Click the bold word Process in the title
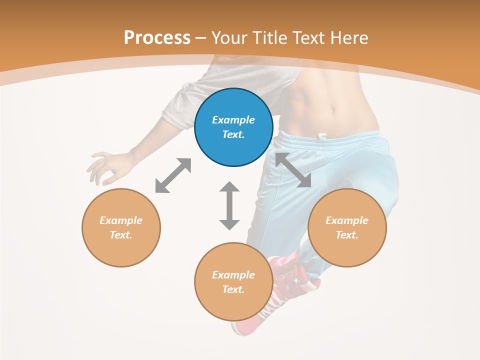point(157,38)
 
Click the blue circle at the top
point(233,127)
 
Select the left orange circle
point(121,227)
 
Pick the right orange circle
point(347,227)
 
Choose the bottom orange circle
point(233,281)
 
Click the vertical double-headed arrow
point(229,205)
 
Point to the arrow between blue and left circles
point(173,175)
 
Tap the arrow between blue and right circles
point(293,170)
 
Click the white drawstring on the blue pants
point(322,136)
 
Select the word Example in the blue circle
point(233,120)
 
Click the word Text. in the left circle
point(121,235)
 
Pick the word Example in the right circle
point(347,220)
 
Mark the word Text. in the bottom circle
point(233,289)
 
